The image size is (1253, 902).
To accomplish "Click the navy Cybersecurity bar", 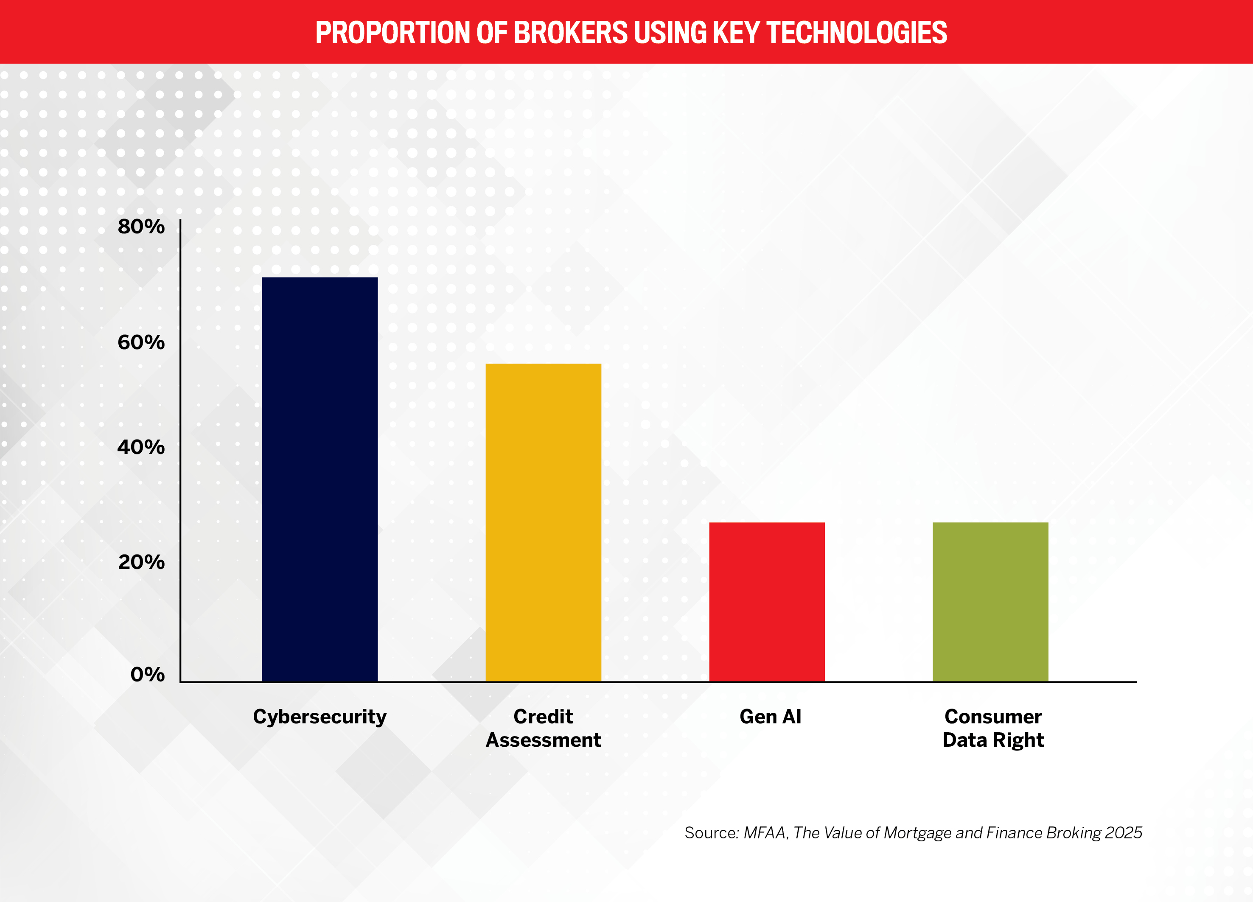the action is pyautogui.click(x=320, y=479).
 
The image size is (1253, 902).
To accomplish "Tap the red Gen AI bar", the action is pyautogui.click(x=767, y=602).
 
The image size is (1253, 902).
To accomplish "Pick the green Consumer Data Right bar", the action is pyautogui.click(x=990, y=602).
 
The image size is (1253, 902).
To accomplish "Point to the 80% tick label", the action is pyautogui.click(x=141, y=227).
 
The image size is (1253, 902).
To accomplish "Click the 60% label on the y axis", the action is pyautogui.click(x=141, y=342).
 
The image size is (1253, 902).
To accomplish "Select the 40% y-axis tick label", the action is pyautogui.click(x=141, y=447).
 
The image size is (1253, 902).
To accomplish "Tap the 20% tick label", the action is pyautogui.click(x=141, y=562).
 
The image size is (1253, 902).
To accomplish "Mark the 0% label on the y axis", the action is pyautogui.click(x=148, y=675).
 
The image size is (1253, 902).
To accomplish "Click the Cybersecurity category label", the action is pyautogui.click(x=320, y=717).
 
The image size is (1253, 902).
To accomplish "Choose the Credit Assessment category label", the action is pyautogui.click(x=543, y=728).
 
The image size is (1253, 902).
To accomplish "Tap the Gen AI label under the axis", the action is pyautogui.click(x=770, y=717).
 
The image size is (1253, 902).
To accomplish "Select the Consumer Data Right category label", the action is pyautogui.click(x=993, y=728).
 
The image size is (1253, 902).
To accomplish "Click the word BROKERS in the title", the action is pyautogui.click(x=571, y=33).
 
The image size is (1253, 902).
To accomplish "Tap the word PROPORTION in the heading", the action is pyautogui.click(x=393, y=33).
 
